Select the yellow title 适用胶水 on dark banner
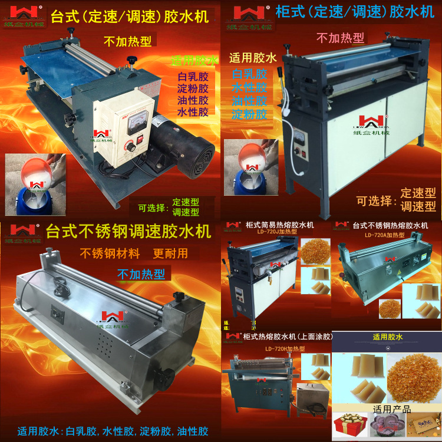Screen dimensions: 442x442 pyautogui.click(x=387, y=338)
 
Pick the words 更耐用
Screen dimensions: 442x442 pyautogui.click(x=170, y=254)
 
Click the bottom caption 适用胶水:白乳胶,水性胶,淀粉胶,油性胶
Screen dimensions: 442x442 pyautogui.click(x=113, y=431)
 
